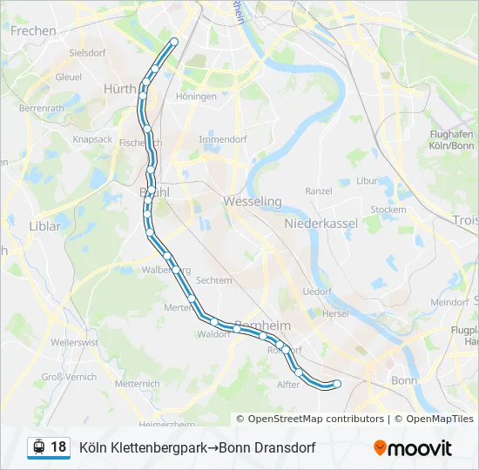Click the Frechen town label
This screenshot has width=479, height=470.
pos(33,30)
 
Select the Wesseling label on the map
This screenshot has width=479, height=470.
pos(253,201)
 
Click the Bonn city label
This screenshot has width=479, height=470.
pos(405,380)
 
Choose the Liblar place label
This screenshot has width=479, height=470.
pos(45,226)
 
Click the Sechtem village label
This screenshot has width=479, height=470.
pos(214,280)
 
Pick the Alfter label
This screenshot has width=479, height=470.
pos(287,384)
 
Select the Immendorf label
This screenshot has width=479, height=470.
pos(223,139)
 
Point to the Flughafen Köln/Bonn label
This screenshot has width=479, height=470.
pos(451,139)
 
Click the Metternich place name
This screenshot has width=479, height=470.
pos(137,383)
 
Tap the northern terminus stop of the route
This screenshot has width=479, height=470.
pos(174,42)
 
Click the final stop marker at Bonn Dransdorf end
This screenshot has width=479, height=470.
pos(337,384)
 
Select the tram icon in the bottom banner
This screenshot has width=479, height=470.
pos(37,447)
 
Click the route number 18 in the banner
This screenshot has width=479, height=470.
pos(58,447)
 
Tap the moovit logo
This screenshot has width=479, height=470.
pos(413,448)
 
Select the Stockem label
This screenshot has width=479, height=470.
pos(388,210)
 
